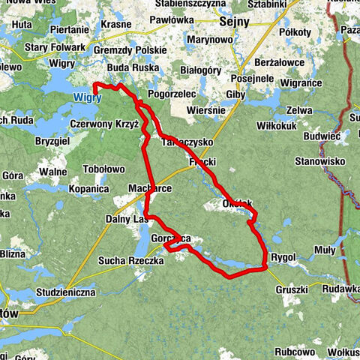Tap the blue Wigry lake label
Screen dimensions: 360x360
87,97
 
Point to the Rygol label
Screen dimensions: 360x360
283,257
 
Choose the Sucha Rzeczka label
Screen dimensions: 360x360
130,260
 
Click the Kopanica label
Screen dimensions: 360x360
89,191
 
